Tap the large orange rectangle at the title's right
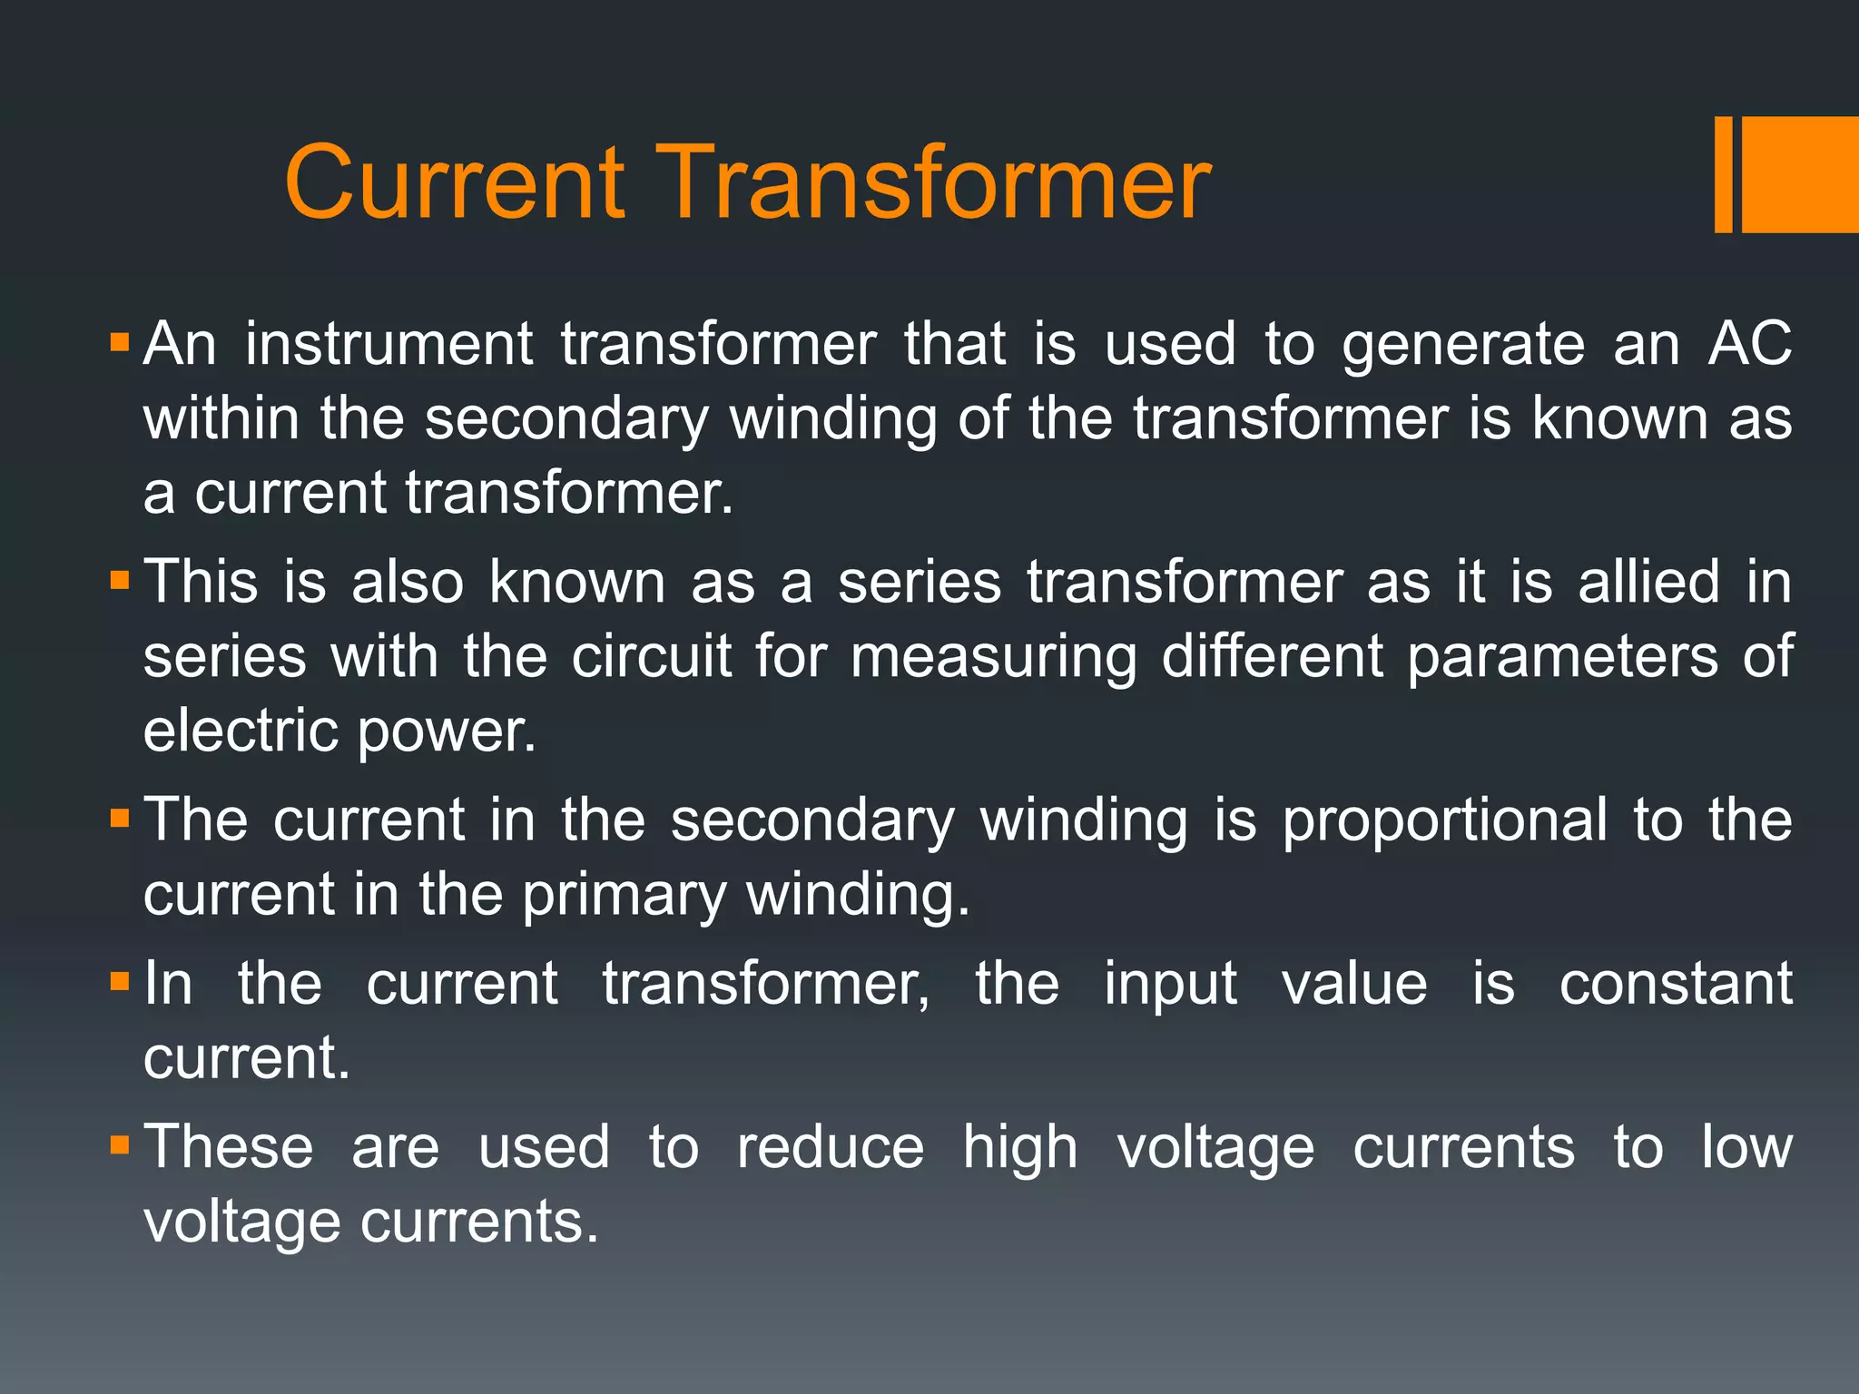point(1800,174)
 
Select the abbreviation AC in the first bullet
point(1749,345)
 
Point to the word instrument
point(389,345)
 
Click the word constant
point(1676,984)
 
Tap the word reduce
point(831,1148)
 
